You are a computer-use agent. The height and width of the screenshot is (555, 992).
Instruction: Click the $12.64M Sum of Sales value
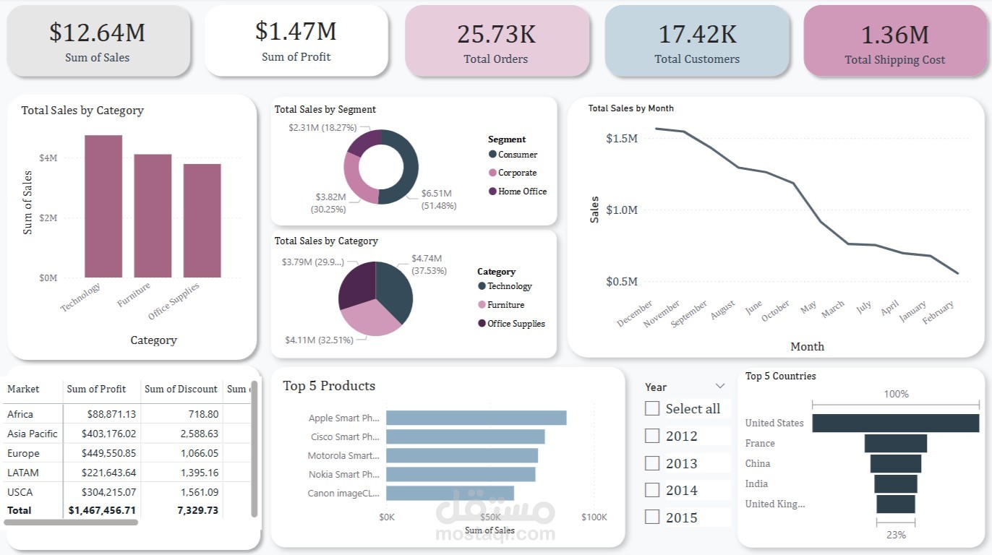click(97, 32)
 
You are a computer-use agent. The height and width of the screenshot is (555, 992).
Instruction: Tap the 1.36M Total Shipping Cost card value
click(894, 35)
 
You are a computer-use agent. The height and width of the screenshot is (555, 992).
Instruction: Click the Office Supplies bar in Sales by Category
click(202, 220)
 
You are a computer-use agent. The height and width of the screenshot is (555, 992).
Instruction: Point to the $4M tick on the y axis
click(48, 158)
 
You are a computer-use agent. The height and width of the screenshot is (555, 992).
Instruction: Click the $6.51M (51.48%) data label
click(438, 199)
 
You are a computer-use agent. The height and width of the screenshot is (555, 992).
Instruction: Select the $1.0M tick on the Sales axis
click(621, 210)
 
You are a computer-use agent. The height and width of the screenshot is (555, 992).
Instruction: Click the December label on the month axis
click(635, 314)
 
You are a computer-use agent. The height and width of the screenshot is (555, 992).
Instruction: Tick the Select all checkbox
click(652, 408)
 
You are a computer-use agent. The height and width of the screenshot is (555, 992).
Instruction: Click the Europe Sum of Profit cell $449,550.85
click(101, 453)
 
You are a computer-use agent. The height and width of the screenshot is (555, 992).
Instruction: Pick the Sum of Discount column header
click(181, 389)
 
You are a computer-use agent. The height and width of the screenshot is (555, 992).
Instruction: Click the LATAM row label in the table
click(23, 473)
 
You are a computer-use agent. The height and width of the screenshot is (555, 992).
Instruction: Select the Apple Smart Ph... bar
click(476, 418)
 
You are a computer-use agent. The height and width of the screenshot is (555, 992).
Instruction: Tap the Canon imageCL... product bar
click(450, 493)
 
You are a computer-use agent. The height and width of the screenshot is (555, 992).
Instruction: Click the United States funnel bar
click(895, 423)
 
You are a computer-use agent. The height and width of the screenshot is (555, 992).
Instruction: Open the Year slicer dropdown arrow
click(719, 387)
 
